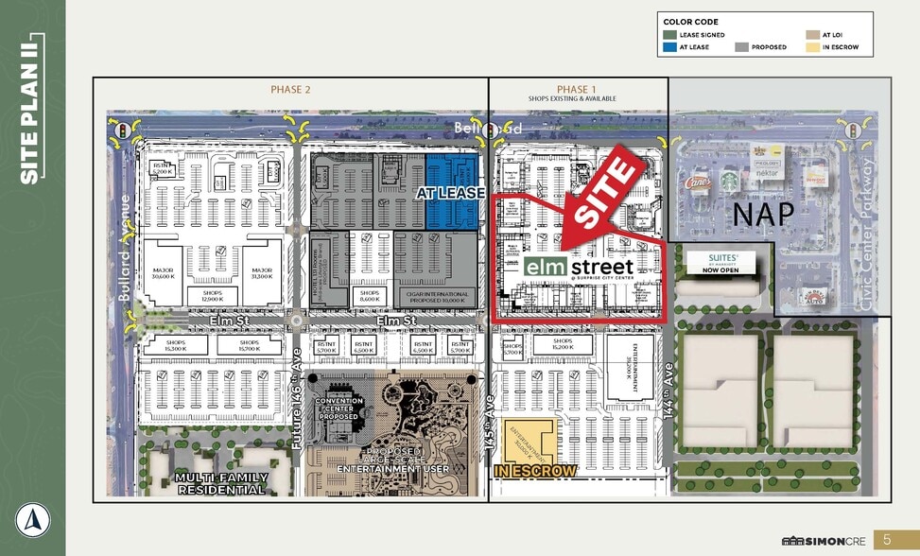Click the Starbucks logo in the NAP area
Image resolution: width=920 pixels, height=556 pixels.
click(729, 180)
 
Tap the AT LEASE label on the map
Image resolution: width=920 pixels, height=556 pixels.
click(451, 193)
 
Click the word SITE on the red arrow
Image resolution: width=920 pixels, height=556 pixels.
click(606, 192)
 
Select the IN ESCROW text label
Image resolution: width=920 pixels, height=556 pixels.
click(535, 471)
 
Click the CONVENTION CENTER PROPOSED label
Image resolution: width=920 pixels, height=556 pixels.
click(338, 408)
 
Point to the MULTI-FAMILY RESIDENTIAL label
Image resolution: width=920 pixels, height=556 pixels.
click(220, 483)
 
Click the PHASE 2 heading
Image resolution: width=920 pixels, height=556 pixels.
click(290, 90)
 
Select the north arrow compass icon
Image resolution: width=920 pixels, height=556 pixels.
click(31, 519)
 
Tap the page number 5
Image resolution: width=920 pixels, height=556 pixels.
click(887, 539)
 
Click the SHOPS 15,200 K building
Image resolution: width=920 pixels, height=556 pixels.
click(563, 345)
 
